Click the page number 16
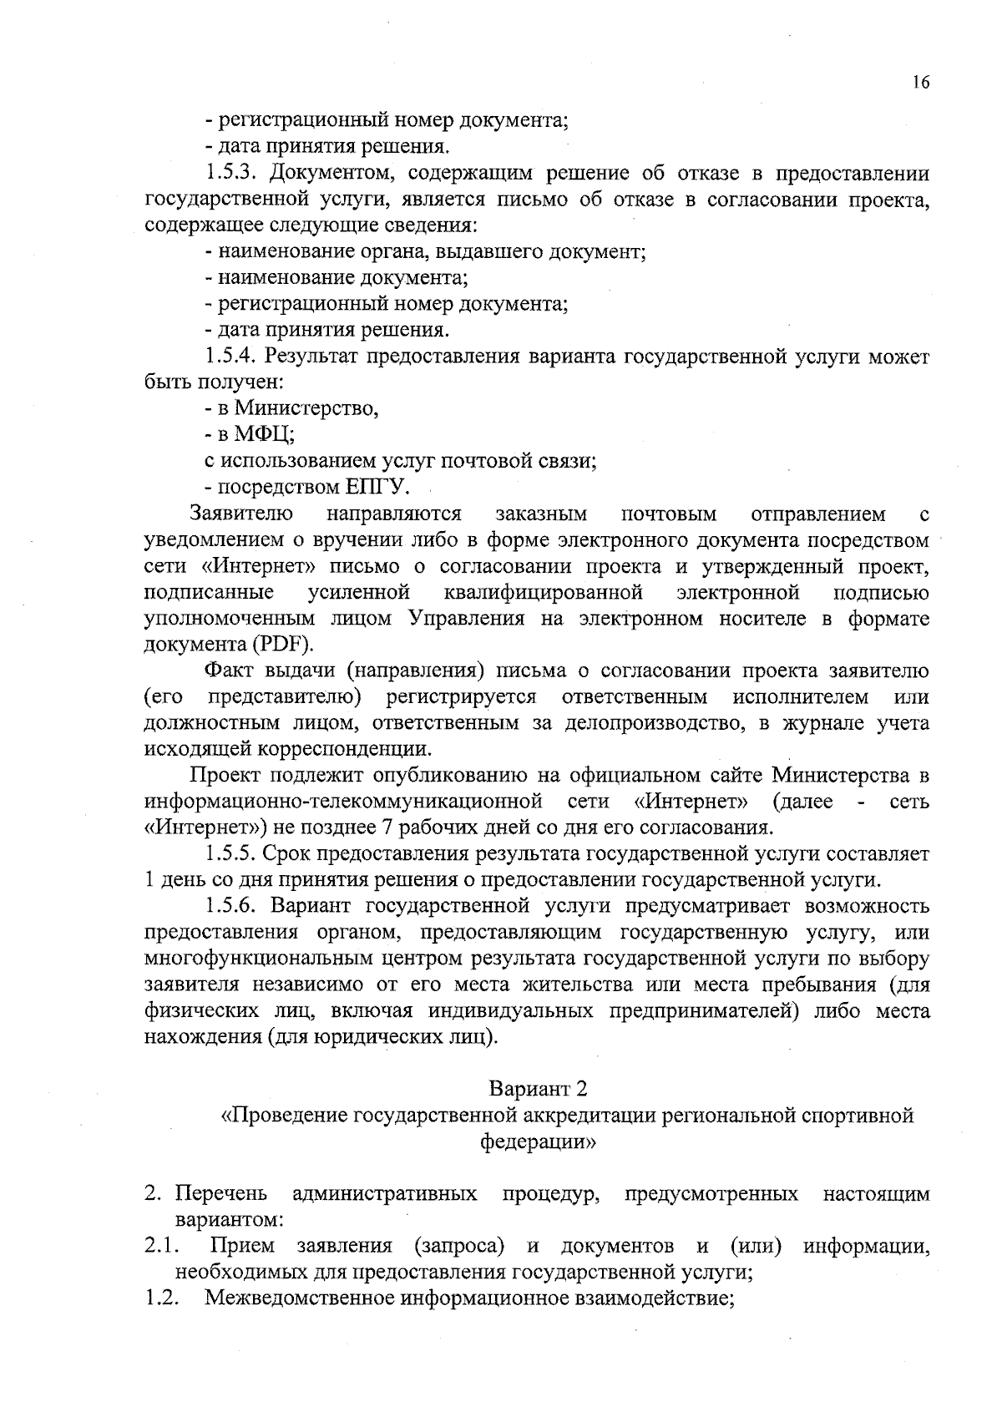(x=920, y=83)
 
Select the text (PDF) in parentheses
(x=284, y=645)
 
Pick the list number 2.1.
(x=158, y=1247)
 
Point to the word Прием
(x=242, y=1247)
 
